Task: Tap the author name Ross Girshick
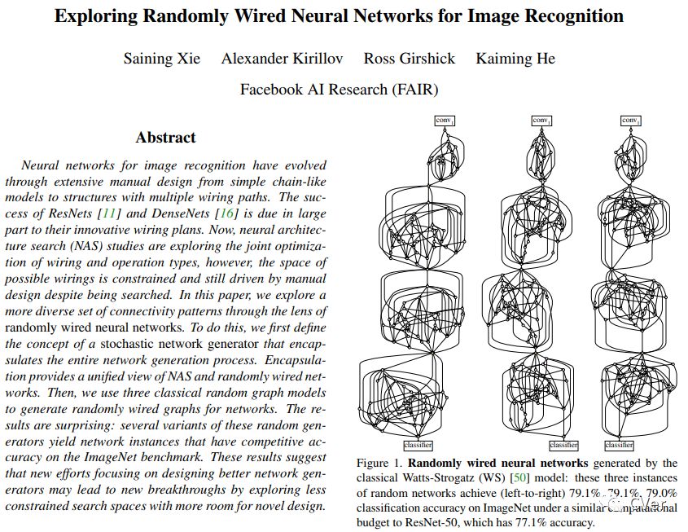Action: (410, 59)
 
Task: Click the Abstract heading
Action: (166, 137)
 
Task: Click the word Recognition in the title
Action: (572, 16)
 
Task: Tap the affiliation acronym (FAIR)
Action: (410, 89)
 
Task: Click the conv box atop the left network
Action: (444, 121)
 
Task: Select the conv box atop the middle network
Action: (541, 121)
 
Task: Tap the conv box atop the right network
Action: (630, 121)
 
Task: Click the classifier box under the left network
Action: (418, 445)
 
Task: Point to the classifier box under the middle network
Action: (563, 445)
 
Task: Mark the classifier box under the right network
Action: (619, 445)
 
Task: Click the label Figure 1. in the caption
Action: (380, 464)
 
